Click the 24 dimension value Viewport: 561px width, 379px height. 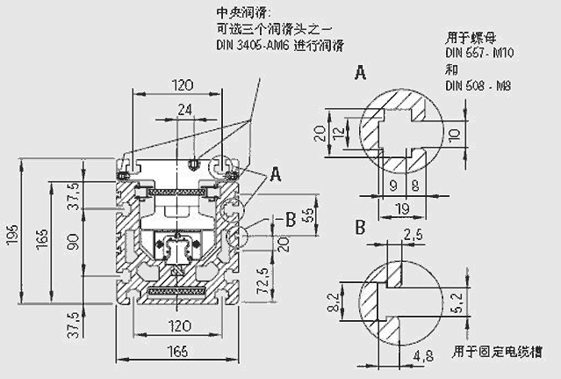(183, 112)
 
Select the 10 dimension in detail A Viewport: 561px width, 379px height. (453, 134)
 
